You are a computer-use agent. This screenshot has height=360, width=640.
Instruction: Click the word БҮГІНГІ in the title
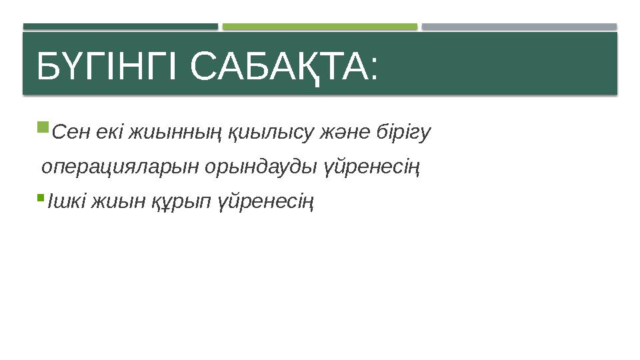(x=107, y=67)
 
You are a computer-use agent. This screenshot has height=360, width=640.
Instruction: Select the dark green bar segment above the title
(x=121, y=27)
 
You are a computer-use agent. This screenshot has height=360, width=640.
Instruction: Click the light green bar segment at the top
(x=320, y=27)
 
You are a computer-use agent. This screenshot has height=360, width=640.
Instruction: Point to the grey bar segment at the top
(x=519, y=27)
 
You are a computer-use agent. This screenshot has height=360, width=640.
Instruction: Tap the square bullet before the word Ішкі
(x=41, y=197)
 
